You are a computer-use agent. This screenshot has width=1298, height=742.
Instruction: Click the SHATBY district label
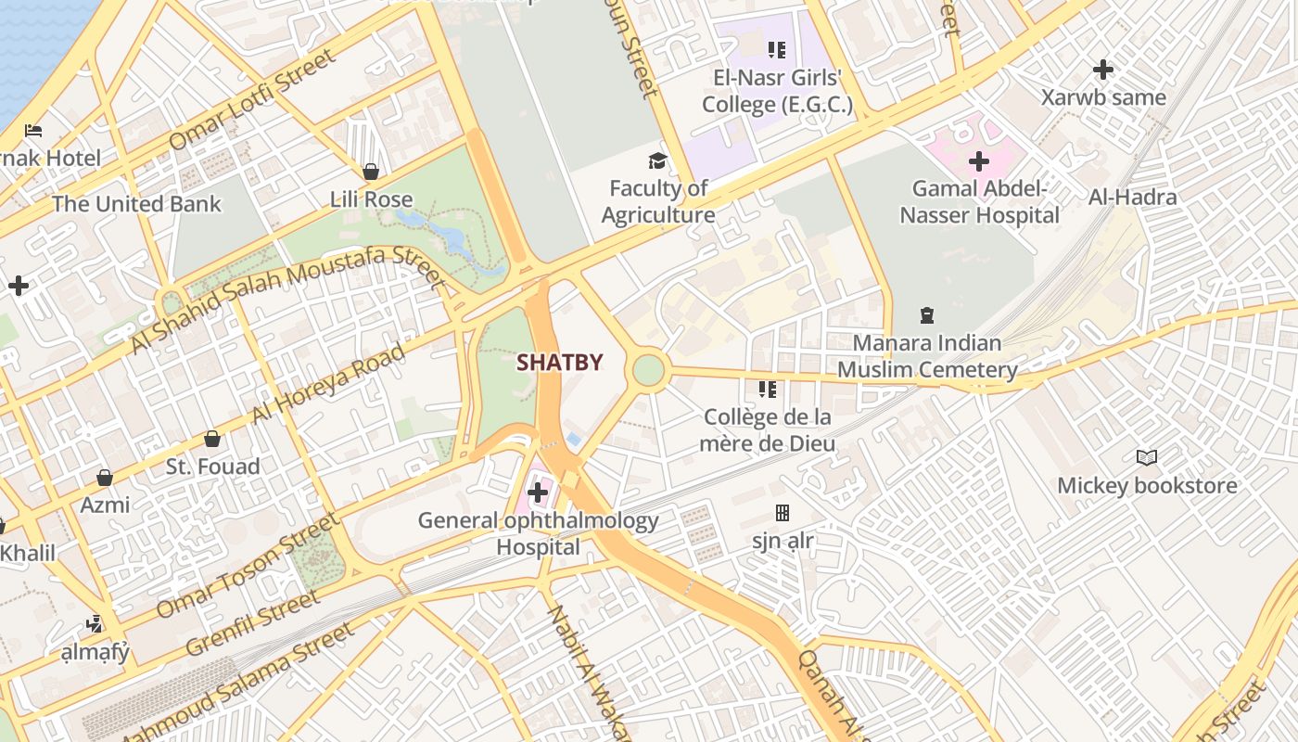(x=560, y=363)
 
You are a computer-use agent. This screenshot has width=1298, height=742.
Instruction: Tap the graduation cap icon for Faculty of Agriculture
(x=657, y=160)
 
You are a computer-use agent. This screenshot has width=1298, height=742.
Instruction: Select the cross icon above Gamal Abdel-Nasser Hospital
(x=979, y=161)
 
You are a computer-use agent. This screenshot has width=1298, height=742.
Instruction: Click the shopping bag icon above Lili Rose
(x=371, y=172)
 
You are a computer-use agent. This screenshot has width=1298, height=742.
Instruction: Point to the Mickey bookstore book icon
(x=1147, y=457)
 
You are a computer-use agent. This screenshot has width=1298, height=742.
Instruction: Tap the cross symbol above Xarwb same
(x=1102, y=70)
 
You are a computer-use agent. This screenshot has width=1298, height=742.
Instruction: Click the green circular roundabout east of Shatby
(x=648, y=370)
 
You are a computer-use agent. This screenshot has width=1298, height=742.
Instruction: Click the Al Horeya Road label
(x=328, y=383)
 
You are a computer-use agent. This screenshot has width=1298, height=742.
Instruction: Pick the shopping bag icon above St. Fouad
(x=212, y=439)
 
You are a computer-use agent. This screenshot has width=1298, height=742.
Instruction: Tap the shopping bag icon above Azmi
(x=105, y=478)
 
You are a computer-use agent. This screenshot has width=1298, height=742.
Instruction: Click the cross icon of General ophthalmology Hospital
(x=537, y=493)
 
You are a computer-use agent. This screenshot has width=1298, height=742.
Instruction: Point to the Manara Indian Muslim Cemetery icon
(x=926, y=315)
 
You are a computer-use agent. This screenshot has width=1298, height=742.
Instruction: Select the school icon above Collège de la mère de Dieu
(x=767, y=390)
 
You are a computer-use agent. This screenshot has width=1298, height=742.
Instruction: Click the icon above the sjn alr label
(x=783, y=513)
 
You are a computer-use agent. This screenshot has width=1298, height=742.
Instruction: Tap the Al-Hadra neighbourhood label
(x=1132, y=197)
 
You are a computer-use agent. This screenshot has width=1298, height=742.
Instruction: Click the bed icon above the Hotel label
(x=34, y=130)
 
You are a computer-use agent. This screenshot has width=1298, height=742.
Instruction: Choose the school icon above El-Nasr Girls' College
(x=776, y=49)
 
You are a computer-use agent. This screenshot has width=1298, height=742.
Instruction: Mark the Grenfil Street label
(x=252, y=623)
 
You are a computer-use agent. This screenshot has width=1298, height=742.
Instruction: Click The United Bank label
(x=136, y=204)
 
